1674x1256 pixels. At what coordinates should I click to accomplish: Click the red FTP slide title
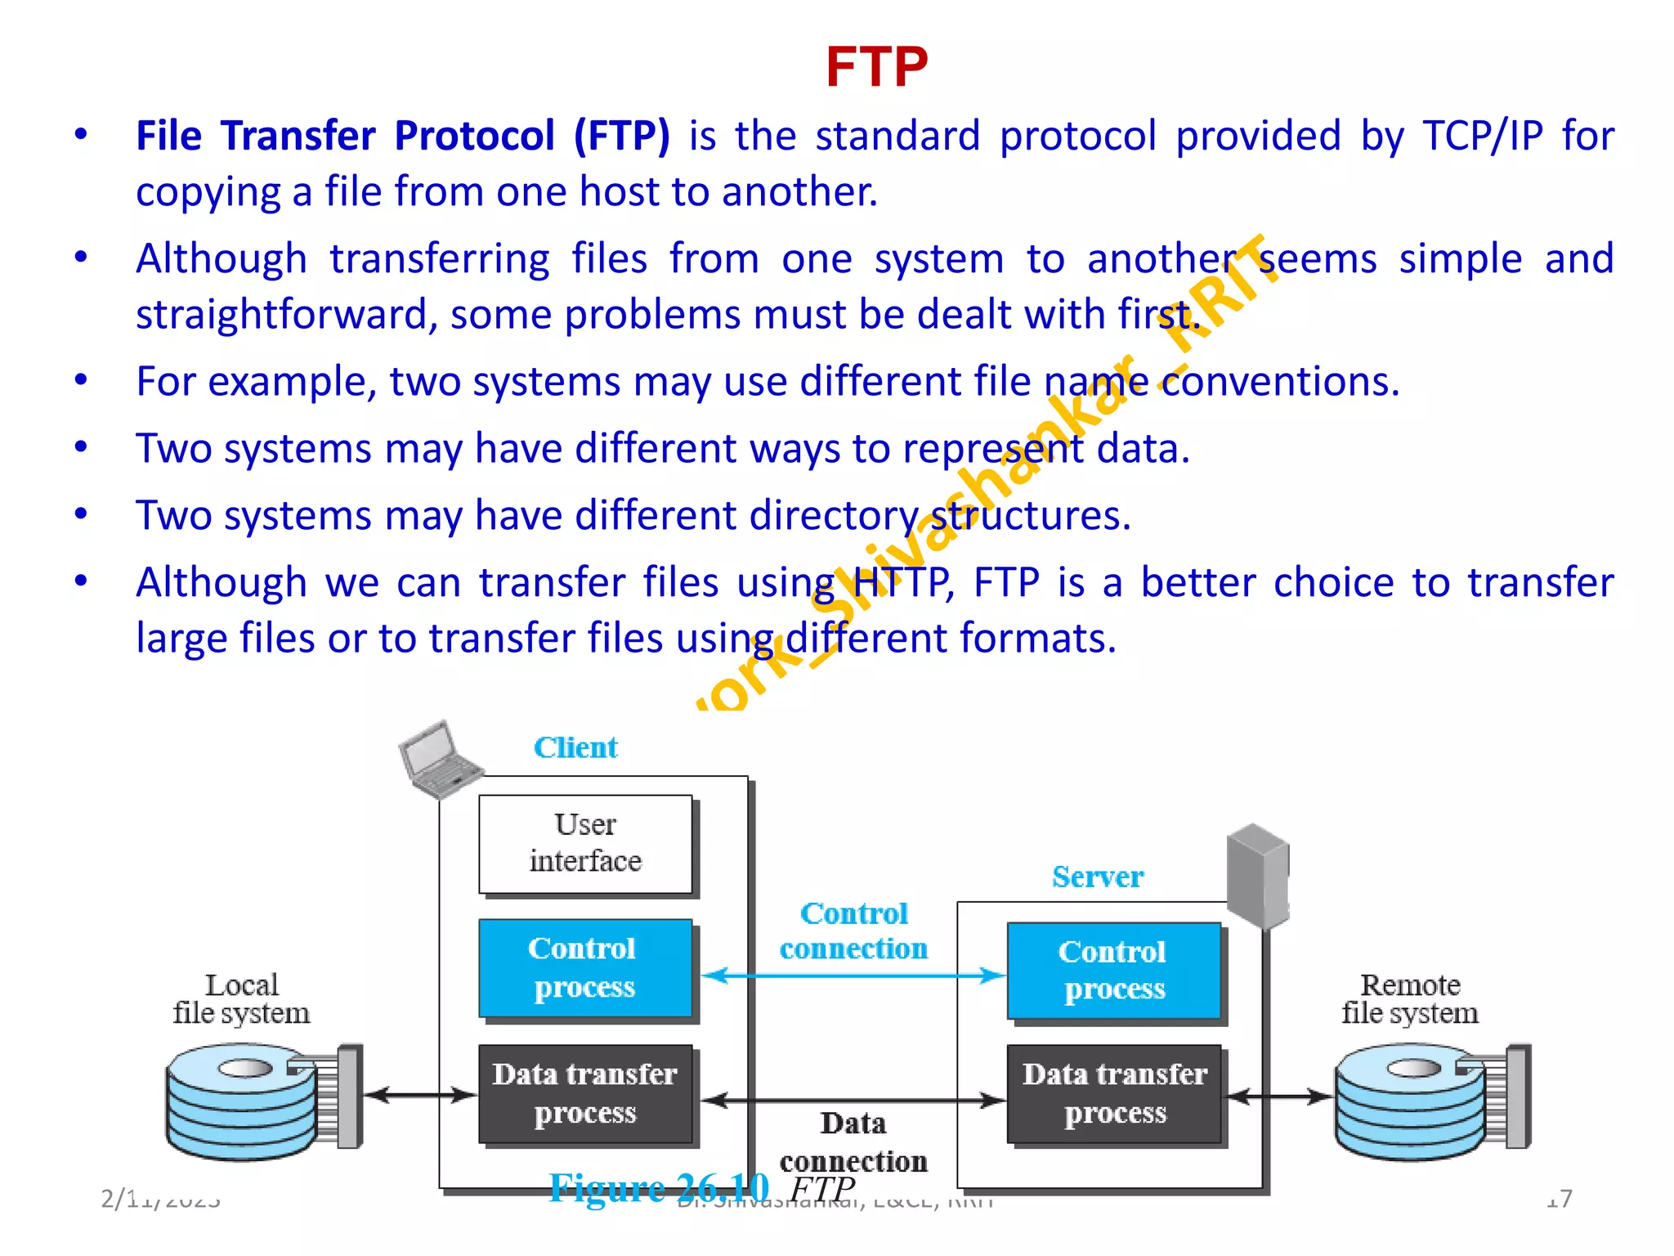[x=876, y=67]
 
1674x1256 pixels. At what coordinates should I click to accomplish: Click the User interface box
[x=585, y=844]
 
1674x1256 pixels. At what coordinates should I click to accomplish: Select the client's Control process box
[x=585, y=968]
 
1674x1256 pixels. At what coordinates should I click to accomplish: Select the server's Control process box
[x=1113, y=971]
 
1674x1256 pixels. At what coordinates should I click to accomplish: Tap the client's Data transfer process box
[x=585, y=1093]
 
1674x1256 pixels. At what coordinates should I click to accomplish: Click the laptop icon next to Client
[x=438, y=759]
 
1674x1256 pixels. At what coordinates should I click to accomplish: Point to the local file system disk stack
[x=245, y=1100]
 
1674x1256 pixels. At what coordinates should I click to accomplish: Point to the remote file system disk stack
[x=1414, y=1100]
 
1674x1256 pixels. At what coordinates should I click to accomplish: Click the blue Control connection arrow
[x=853, y=976]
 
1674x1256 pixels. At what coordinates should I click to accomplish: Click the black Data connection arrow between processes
[x=853, y=1101]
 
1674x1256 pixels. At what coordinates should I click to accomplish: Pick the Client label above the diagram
[x=575, y=747]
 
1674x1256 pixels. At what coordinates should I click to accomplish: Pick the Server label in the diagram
[x=1098, y=877]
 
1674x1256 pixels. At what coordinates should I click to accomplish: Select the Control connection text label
[x=853, y=931]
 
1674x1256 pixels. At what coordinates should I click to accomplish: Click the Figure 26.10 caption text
[x=659, y=1187]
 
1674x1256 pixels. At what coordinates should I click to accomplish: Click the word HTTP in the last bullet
[x=899, y=583]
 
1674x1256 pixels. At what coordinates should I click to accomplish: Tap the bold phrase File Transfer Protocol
[x=345, y=136]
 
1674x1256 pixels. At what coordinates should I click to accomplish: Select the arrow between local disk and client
[x=419, y=1095]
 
